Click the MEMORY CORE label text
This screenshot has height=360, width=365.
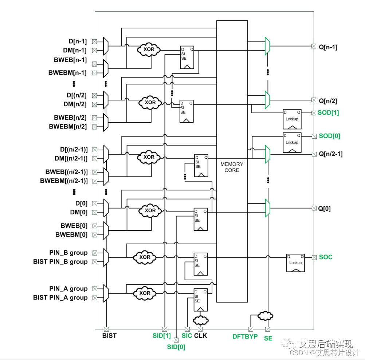(x=232, y=167)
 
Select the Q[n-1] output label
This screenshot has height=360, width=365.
(x=328, y=47)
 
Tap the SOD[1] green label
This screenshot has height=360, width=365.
(x=328, y=112)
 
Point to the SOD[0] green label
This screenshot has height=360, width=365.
(x=329, y=136)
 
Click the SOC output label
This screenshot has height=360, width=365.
(x=326, y=257)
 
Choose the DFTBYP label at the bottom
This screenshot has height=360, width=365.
(x=245, y=337)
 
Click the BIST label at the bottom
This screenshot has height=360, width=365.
(x=109, y=336)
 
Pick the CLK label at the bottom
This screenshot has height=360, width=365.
(x=200, y=336)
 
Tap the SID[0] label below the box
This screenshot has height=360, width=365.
(x=176, y=347)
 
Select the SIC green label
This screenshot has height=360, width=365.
(x=187, y=336)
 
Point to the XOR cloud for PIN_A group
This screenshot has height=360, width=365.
(x=145, y=293)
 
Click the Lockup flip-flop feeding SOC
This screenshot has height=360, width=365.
(x=295, y=262)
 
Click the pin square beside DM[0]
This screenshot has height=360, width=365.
(x=95, y=212)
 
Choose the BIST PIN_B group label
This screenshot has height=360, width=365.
(x=60, y=262)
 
